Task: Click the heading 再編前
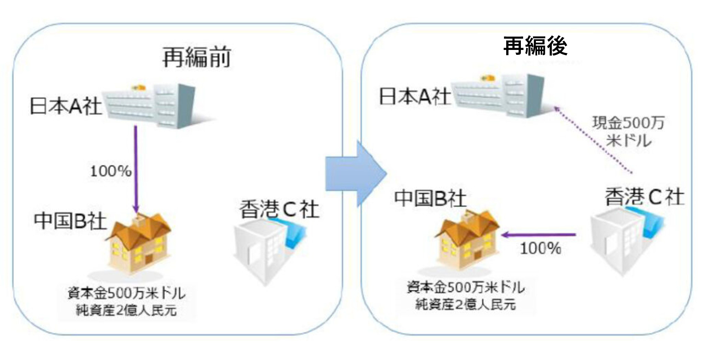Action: tap(196, 57)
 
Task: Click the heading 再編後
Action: tap(535, 46)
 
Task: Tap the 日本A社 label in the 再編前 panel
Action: tap(66, 106)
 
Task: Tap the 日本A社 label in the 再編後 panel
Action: tap(415, 96)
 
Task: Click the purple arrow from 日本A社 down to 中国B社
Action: tap(136, 169)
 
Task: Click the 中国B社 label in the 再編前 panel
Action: tap(70, 221)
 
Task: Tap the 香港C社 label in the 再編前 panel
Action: tap(279, 209)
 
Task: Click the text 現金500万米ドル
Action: tap(628, 131)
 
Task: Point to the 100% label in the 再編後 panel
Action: tap(540, 249)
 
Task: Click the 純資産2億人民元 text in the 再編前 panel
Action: tap(126, 310)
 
